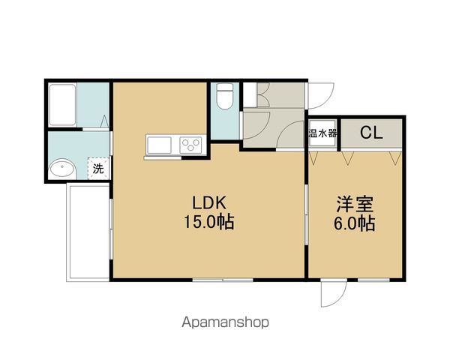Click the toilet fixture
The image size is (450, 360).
pyautogui.click(x=225, y=96)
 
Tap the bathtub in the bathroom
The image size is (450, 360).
pyautogui.click(x=62, y=105)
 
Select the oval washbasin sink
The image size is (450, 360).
pyautogui.click(x=62, y=169)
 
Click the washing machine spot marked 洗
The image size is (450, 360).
pyautogui.click(x=98, y=169)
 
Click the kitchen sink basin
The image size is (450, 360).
pyautogui.click(x=159, y=145)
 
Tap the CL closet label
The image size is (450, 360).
pyautogui.click(x=371, y=133)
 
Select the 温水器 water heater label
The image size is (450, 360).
pyautogui.click(x=322, y=133)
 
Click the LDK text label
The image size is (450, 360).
pyautogui.click(x=209, y=202)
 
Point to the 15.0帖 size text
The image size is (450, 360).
pyautogui.click(x=208, y=222)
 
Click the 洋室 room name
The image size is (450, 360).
pyautogui.click(x=355, y=204)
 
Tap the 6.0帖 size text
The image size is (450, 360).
pyautogui.click(x=354, y=223)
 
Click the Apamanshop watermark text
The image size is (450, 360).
pyautogui.click(x=225, y=322)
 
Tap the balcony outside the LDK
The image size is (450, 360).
pyautogui.click(x=88, y=232)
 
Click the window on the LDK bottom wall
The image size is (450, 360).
pyautogui.click(x=223, y=280)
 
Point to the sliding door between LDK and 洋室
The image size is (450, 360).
pyautogui.click(x=307, y=214)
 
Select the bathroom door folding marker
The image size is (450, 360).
pyautogui.click(x=104, y=121)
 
